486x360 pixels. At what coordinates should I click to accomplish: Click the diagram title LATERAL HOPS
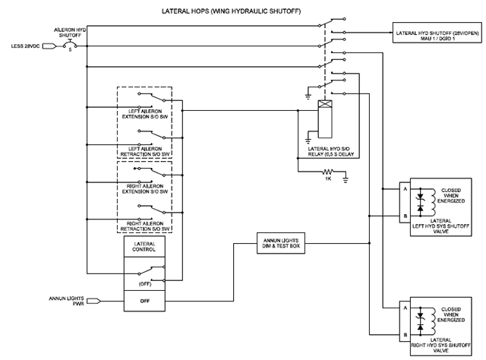(185, 11)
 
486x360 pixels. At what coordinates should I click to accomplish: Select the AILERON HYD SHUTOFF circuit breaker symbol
(70, 45)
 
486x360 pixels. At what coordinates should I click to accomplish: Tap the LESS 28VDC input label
(25, 46)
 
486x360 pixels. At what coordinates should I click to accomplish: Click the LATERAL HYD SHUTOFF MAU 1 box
(437, 33)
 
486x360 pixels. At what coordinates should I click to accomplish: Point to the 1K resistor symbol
(327, 172)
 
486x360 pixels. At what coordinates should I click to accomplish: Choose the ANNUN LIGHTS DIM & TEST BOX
(281, 243)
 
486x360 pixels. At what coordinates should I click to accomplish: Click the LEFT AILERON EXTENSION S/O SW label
(145, 114)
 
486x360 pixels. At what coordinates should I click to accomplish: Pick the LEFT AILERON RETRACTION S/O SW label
(145, 151)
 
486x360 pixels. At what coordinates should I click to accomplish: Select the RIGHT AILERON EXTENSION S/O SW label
(145, 189)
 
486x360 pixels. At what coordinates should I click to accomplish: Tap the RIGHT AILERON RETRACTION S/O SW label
(145, 226)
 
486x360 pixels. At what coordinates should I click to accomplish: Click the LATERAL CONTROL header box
(144, 247)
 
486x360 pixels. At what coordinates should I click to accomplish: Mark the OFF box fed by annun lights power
(144, 301)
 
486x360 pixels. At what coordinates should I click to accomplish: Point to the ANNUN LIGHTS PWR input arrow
(93, 301)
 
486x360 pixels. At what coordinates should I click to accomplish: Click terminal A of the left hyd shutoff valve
(405, 189)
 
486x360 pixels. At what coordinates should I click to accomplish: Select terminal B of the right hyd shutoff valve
(405, 335)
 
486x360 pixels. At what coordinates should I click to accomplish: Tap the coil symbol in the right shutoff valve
(432, 321)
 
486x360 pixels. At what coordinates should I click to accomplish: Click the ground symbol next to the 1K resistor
(346, 179)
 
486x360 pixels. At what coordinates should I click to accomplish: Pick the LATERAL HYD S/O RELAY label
(330, 151)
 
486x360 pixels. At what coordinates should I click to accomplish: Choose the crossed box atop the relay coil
(325, 104)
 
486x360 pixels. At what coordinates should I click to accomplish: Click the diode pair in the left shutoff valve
(420, 202)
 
